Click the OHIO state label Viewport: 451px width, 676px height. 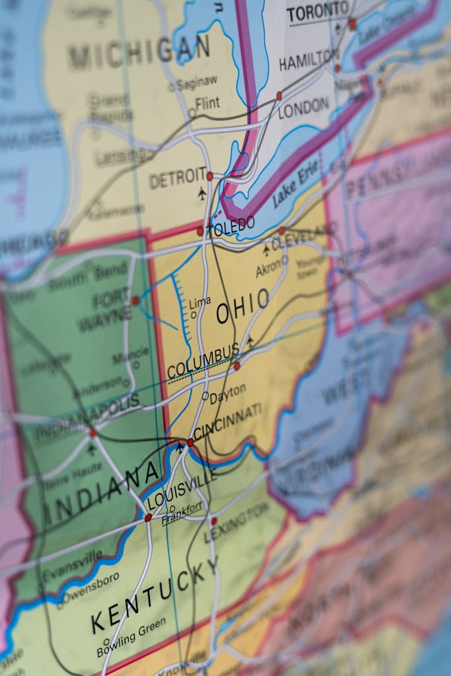[243, 307]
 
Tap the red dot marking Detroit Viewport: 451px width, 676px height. [210, 176]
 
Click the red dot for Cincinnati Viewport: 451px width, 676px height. [190, 442]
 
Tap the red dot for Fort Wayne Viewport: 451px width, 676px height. [135, 300]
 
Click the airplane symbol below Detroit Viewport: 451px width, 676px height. [202, 193]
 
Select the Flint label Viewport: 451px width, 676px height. [207, 104]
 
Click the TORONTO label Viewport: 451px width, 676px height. [317, 11]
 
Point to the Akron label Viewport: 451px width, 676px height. [268, 269]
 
